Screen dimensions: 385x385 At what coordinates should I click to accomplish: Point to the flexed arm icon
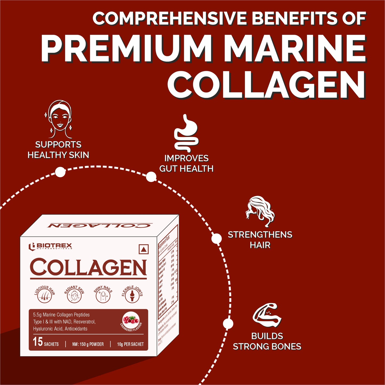coord(267,316)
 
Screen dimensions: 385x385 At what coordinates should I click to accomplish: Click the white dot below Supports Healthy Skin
coord(60,172)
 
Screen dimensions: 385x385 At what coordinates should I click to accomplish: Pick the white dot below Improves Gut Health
coord(151,177)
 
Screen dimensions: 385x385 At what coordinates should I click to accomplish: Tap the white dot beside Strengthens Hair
coord(216,238)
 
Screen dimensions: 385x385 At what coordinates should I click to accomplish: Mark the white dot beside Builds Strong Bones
coord(228,324)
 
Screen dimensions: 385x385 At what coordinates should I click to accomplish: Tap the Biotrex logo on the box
coord(50,246)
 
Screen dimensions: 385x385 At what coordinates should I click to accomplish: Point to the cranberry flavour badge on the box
coord(131,321)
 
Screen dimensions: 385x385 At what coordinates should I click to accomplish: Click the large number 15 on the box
coord(38,342)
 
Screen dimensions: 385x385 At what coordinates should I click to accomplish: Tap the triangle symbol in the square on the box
coord(144,250)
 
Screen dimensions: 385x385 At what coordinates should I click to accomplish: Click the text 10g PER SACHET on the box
coord(130,344)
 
